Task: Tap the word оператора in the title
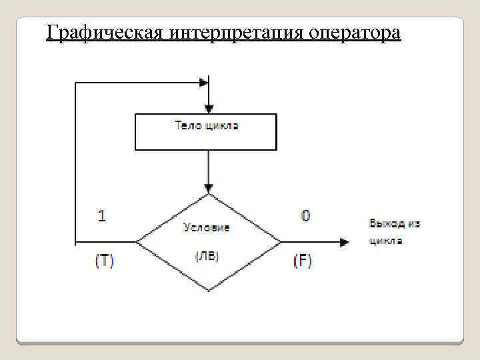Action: point(355,32)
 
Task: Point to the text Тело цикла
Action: point(206,125)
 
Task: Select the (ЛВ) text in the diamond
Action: point(207,256)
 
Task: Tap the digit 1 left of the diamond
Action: point(101,215)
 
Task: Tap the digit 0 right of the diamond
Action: point(305,215)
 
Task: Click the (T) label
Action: point(104,261)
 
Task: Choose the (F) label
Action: point(303,261)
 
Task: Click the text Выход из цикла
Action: point(395,232)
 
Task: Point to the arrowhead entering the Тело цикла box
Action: point(209,109)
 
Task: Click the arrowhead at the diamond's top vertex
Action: point(209,189)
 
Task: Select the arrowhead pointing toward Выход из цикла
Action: point(344,242)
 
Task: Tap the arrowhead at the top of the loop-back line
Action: point(203,83)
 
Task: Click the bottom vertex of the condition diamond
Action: point(209,290)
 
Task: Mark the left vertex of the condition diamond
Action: point(137,242)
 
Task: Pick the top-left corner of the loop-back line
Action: point(76,83)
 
